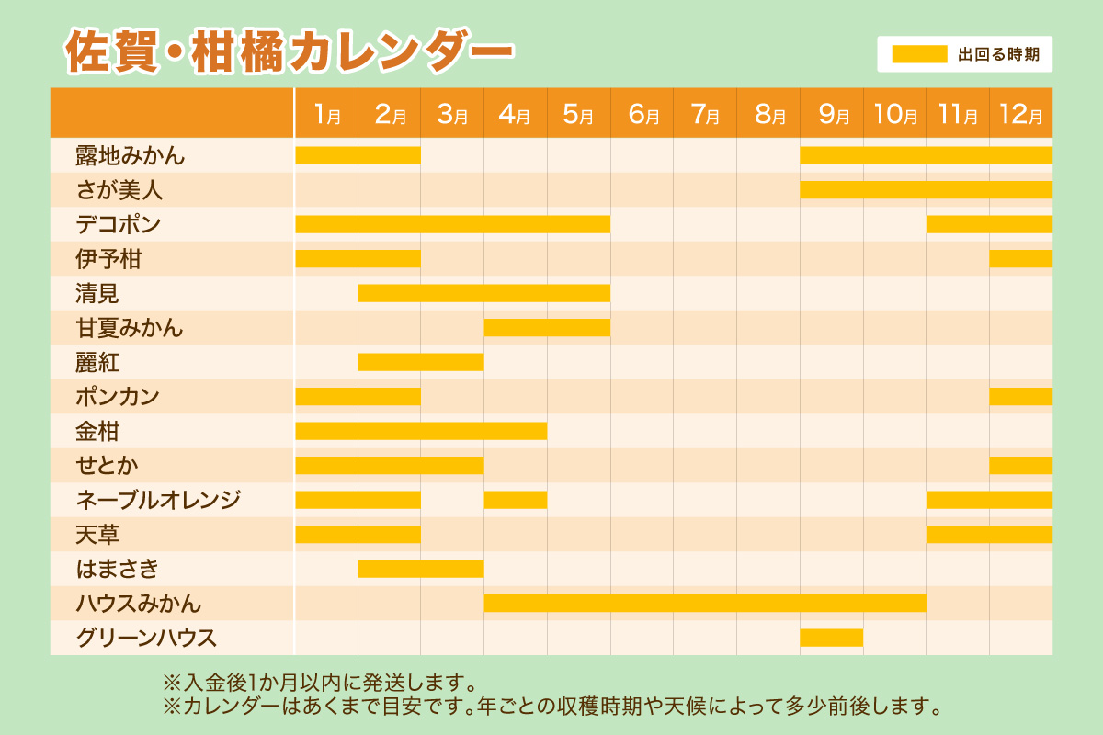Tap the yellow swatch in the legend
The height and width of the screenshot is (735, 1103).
click(919, 54)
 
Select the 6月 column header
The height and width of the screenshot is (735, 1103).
click(642, 114)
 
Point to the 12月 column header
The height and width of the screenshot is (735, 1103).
click(1020, 114)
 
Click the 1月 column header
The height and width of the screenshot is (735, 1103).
click(326, 114)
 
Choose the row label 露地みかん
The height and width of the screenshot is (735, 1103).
click(131, 156)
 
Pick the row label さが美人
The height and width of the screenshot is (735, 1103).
click(119, 191)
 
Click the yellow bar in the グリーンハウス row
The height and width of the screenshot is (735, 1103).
click(831, 638)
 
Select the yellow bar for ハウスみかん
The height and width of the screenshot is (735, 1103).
click(704, 604)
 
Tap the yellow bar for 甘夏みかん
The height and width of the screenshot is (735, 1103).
click(547, 328)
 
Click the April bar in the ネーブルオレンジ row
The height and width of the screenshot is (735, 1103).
click(515, 500)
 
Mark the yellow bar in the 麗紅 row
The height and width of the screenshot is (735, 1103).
click(420, 362)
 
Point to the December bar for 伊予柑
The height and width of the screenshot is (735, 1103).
click(1020, 259)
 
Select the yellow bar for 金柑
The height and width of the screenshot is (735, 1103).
click(420, 431)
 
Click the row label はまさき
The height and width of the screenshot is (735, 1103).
click(118, 570)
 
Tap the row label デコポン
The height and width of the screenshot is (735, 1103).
click(119, 225)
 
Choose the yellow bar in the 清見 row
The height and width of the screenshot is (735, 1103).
click(483, 293)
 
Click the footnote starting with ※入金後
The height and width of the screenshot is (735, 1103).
click(319, 684)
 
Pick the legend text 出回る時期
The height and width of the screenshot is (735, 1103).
click(998, 54)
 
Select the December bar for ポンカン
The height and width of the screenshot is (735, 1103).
click(1020, 397)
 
